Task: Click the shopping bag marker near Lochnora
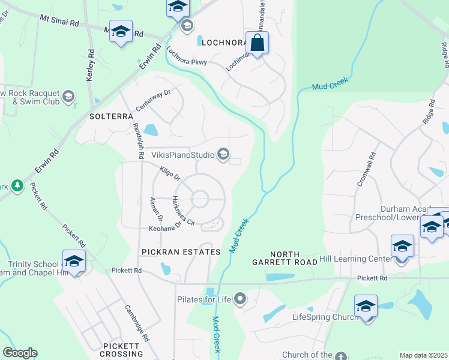tap(257, 44)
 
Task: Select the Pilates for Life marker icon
tap(240, 298)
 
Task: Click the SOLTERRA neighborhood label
tap(110, 116)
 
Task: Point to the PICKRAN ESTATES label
tap(181, 252)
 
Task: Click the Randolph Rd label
tap(137, 140)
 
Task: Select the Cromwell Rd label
tap(366, 169)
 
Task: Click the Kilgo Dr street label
tap(170, 174)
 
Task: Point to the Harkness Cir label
tap(184, 211)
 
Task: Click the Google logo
tap(20, 353)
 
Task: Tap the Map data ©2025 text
tap(423, 355)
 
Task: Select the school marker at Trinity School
tap(74, 261)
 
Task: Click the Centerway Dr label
tap(153, 100)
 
